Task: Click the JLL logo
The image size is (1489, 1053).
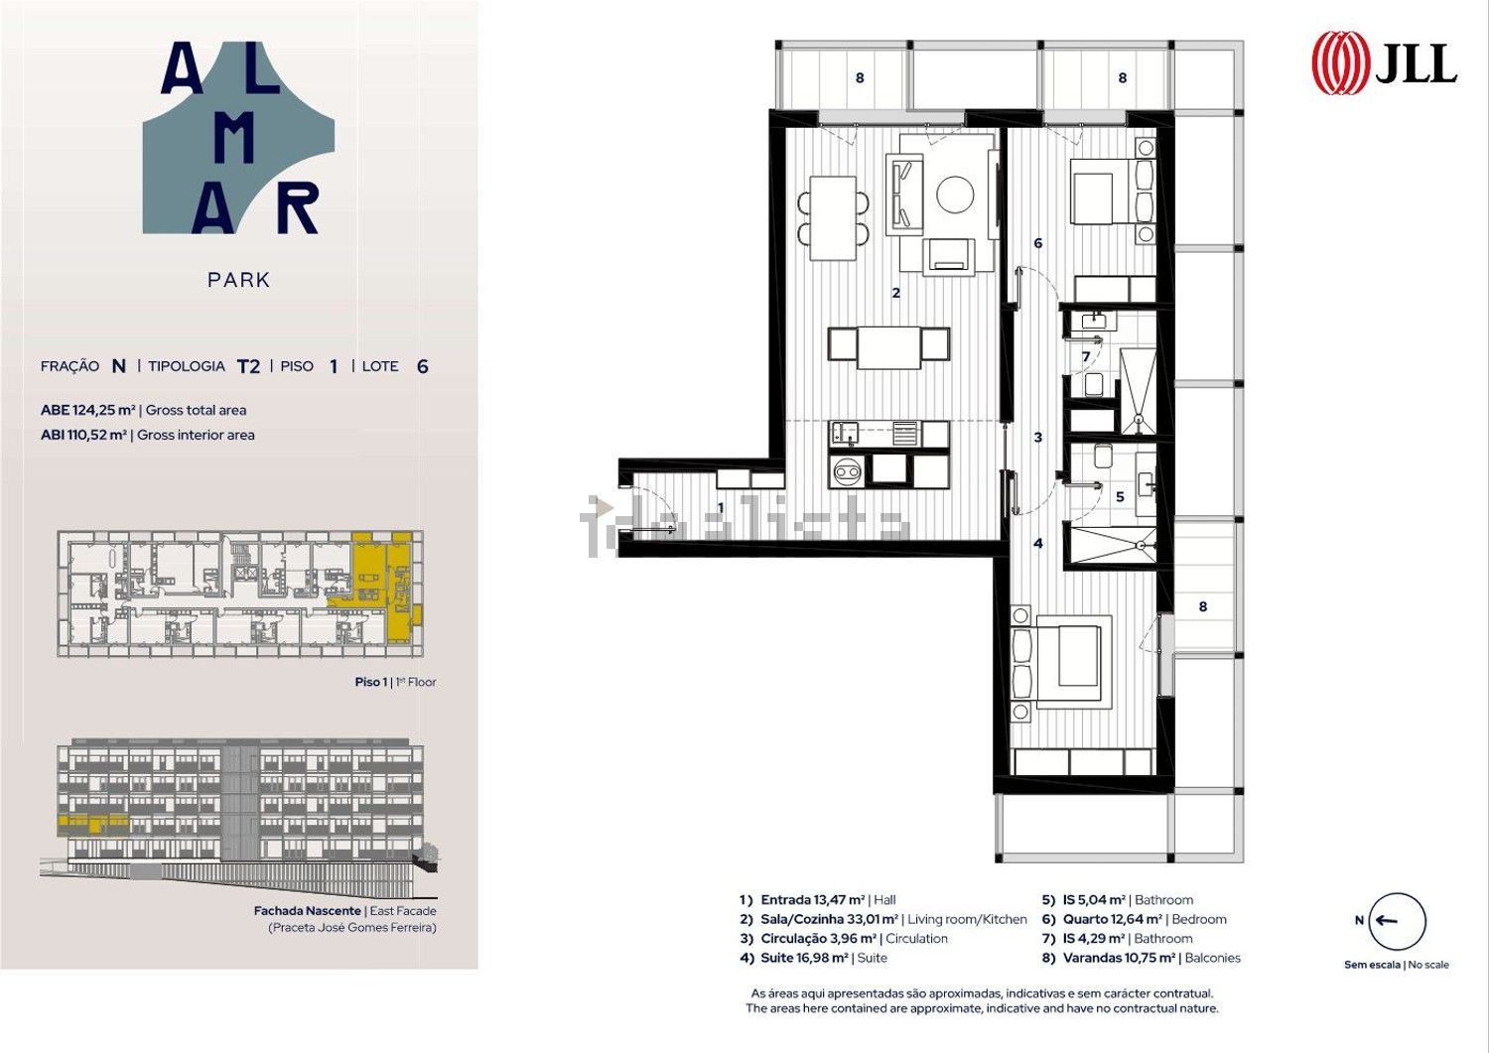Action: (x=1384, y=63)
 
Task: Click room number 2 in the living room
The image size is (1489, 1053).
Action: (x=895, y=293)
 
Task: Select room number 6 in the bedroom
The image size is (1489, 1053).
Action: (x=1037, y=243)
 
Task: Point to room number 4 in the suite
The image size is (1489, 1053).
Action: (x=1037, y=544)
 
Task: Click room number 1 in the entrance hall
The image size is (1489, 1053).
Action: (x=721, y=508)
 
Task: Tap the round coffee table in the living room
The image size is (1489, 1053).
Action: (x=955, y=195)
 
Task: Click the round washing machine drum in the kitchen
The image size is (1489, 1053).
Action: (x=847, y=472)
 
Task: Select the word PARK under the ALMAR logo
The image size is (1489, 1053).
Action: (x=238, y=280)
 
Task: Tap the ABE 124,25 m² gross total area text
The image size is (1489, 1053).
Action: (x=144, y=410)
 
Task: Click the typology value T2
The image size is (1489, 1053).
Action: (x=248, y=366)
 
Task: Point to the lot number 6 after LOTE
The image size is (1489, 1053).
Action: (x=422, y=366)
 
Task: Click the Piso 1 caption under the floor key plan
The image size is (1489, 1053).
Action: (x=395, y=682)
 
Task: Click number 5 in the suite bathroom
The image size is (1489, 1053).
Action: (x=1120, y=497)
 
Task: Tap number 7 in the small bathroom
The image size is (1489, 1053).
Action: (x=1086, y=357)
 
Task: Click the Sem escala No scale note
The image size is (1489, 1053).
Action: (x=1397, y=965)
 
